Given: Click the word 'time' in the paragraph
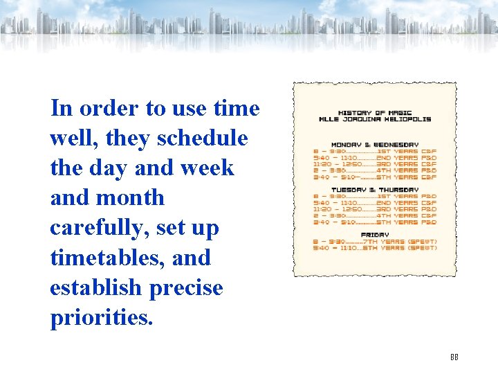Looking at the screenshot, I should (237, 109).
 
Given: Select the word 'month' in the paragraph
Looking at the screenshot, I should (131, 198).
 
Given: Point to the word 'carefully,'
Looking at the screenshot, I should (101, 228).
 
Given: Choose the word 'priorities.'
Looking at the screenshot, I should (100, 317).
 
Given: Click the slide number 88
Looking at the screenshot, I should (454, 357).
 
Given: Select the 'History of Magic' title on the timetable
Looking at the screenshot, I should (374, 112).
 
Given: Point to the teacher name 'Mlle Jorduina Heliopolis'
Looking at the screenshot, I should (374, 119).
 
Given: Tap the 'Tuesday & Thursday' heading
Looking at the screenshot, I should (374, 190).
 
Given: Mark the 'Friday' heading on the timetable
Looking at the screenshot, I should (374, 235).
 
